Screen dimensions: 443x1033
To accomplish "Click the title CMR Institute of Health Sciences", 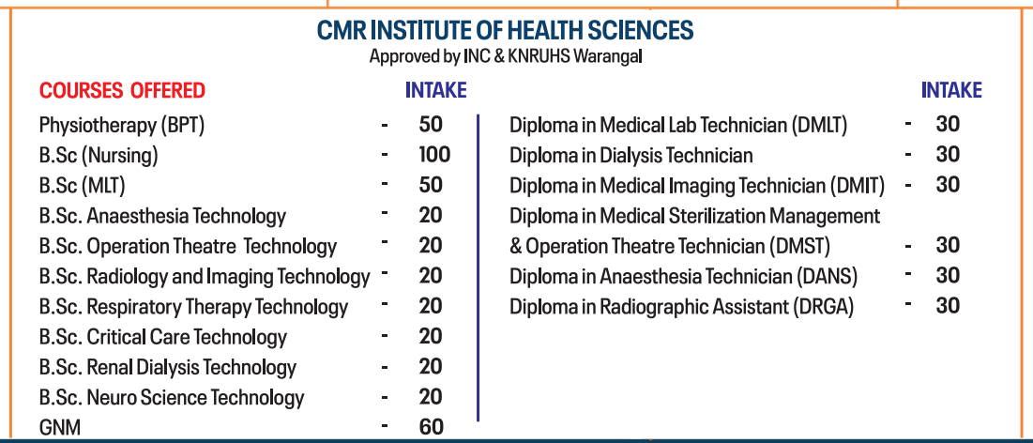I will [x=505, y=31].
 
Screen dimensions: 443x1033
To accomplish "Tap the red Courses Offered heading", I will [x=122, y=91].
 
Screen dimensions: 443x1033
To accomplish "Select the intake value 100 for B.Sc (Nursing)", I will [x=434, y=155].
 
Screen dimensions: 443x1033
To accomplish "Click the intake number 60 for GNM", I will [x=431, y=427].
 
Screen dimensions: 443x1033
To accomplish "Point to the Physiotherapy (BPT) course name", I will [x=122, y=125].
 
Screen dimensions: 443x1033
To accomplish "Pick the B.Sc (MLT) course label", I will [x=83, y=186].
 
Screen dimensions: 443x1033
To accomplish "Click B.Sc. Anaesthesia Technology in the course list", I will [x=162, y=216].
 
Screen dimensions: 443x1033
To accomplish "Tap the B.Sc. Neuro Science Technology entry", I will [x=172, y=398].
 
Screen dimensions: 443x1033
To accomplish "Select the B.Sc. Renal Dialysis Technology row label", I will [x=168, y=367].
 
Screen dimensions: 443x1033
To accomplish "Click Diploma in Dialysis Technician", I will [x=630, y=155].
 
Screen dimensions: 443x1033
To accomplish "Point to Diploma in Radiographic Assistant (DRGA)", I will [x=681, y=307].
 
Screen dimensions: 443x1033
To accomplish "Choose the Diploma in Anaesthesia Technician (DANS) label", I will [x=683, y=277].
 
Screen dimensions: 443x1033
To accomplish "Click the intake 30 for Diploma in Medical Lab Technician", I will [x=948, y=125].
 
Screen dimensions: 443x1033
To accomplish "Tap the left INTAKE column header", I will [x=435, y=91].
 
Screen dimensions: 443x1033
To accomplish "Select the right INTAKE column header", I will [x=951, y=91].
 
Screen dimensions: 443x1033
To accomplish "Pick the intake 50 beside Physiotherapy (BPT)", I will [x=431, y=125].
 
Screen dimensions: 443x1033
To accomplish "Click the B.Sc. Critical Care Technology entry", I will [x=163, y=337].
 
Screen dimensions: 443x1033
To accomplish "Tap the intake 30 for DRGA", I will [x=948, y=306].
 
